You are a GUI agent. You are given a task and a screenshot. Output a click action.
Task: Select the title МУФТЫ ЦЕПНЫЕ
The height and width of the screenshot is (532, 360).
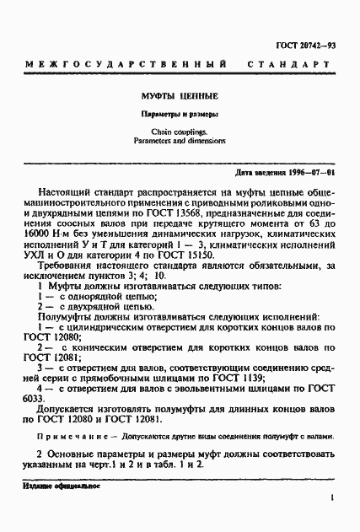pyautogui.click(x=179, y=95)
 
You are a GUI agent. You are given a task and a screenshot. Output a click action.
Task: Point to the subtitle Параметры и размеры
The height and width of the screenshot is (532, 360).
pyautogui.click(x=180, y=113)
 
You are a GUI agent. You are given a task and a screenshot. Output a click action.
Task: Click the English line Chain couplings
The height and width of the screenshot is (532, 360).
pyautogui.click(x=179, y=132)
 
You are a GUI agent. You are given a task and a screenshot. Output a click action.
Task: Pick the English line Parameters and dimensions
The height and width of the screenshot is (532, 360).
pyautogui.click(x=179, y=141)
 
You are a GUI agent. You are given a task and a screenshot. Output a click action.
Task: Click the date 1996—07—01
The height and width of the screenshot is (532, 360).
pyautogui.click(x=309, y=173)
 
